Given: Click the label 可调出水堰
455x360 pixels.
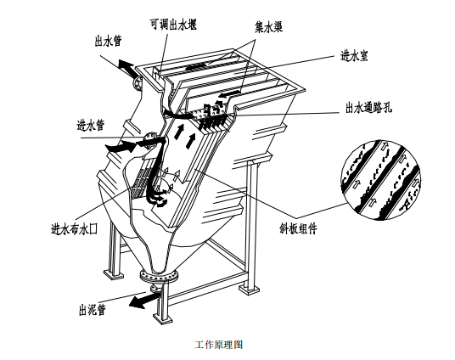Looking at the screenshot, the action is (173, 25).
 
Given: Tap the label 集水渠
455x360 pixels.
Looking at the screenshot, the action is (269, 26).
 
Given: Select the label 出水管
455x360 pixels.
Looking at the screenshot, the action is (108, 41).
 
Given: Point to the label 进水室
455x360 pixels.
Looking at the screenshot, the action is (354, 56).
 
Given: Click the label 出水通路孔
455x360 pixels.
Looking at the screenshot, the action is (368, 108).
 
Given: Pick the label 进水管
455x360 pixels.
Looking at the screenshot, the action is (90, 125).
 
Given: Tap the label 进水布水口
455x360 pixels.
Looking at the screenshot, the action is (74, 229).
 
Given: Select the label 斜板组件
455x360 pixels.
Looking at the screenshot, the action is (297, 228).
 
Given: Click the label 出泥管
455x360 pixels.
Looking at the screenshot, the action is (92, 310).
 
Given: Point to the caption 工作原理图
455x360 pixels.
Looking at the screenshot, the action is (219, 345).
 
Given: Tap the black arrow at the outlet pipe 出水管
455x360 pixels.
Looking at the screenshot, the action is (126, 67).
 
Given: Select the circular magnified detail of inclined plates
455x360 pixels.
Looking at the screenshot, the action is (380, 180).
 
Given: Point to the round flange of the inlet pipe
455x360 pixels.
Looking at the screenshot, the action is (150, 138).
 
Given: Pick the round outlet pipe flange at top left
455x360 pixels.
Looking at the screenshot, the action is (137, 83).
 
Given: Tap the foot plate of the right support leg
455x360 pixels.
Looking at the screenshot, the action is (249, 290).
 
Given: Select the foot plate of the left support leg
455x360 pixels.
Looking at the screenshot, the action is (114, 274).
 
